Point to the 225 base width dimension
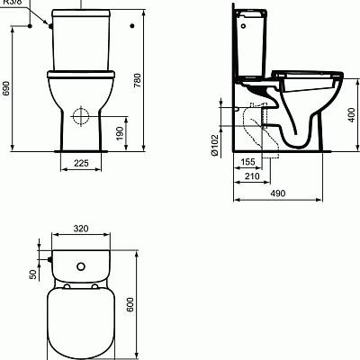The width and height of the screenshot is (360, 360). pos(80,164)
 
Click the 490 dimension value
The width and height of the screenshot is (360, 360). pos(277,192)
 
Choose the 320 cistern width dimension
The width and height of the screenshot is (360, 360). pos(81,229)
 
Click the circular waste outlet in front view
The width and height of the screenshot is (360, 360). pos(80,116)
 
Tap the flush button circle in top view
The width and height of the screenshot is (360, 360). pos(81,266)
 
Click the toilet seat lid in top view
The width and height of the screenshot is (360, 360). pos(81,319)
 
